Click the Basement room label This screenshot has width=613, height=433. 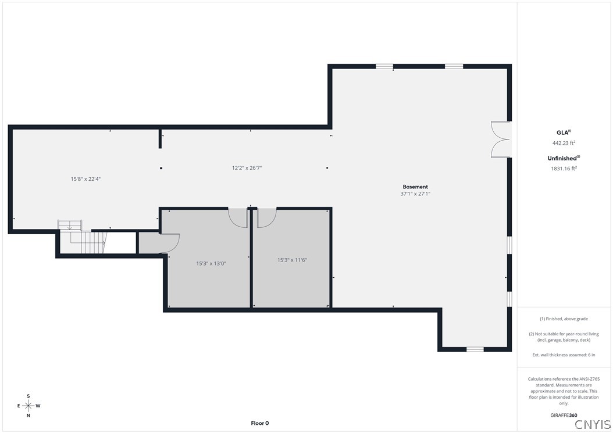[415, 187]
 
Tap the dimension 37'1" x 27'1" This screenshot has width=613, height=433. [415, 194]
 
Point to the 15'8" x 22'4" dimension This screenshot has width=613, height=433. [86, 179]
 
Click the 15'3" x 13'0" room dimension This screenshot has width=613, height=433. [211, 263]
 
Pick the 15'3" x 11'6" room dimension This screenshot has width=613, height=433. [292, 260]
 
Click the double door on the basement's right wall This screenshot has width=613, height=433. [500, 139]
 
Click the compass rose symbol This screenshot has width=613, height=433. [28, 406]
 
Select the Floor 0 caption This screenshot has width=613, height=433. [259, 423]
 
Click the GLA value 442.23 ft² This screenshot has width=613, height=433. [564, 143]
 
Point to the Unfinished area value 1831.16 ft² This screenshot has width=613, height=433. [564, 169]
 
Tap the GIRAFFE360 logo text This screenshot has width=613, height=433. [564, 415]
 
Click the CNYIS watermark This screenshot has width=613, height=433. [593, 424]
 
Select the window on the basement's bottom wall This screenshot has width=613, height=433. [475, 349]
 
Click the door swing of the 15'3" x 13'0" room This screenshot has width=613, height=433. [237, 217]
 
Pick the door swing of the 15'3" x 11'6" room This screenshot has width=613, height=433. [265, 217]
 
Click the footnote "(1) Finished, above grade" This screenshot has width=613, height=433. [564, 319]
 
